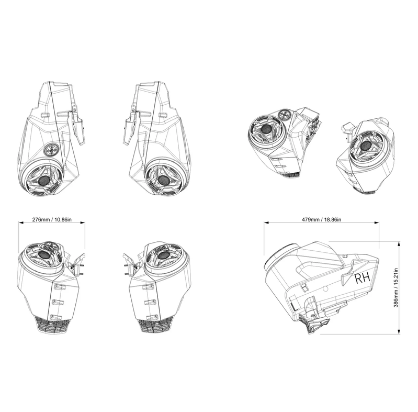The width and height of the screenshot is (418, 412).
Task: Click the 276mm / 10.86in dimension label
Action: click(52, 219)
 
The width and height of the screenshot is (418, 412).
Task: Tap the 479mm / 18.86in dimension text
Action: click(321, 219)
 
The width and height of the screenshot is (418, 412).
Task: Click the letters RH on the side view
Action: click(362, 278)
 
